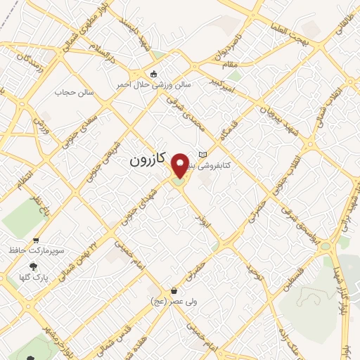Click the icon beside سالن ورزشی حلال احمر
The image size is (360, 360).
153,74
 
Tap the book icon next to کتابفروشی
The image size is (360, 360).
203,155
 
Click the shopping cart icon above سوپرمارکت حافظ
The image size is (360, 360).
36,240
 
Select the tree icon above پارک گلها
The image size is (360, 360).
32,266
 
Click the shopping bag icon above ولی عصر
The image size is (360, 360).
174,290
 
